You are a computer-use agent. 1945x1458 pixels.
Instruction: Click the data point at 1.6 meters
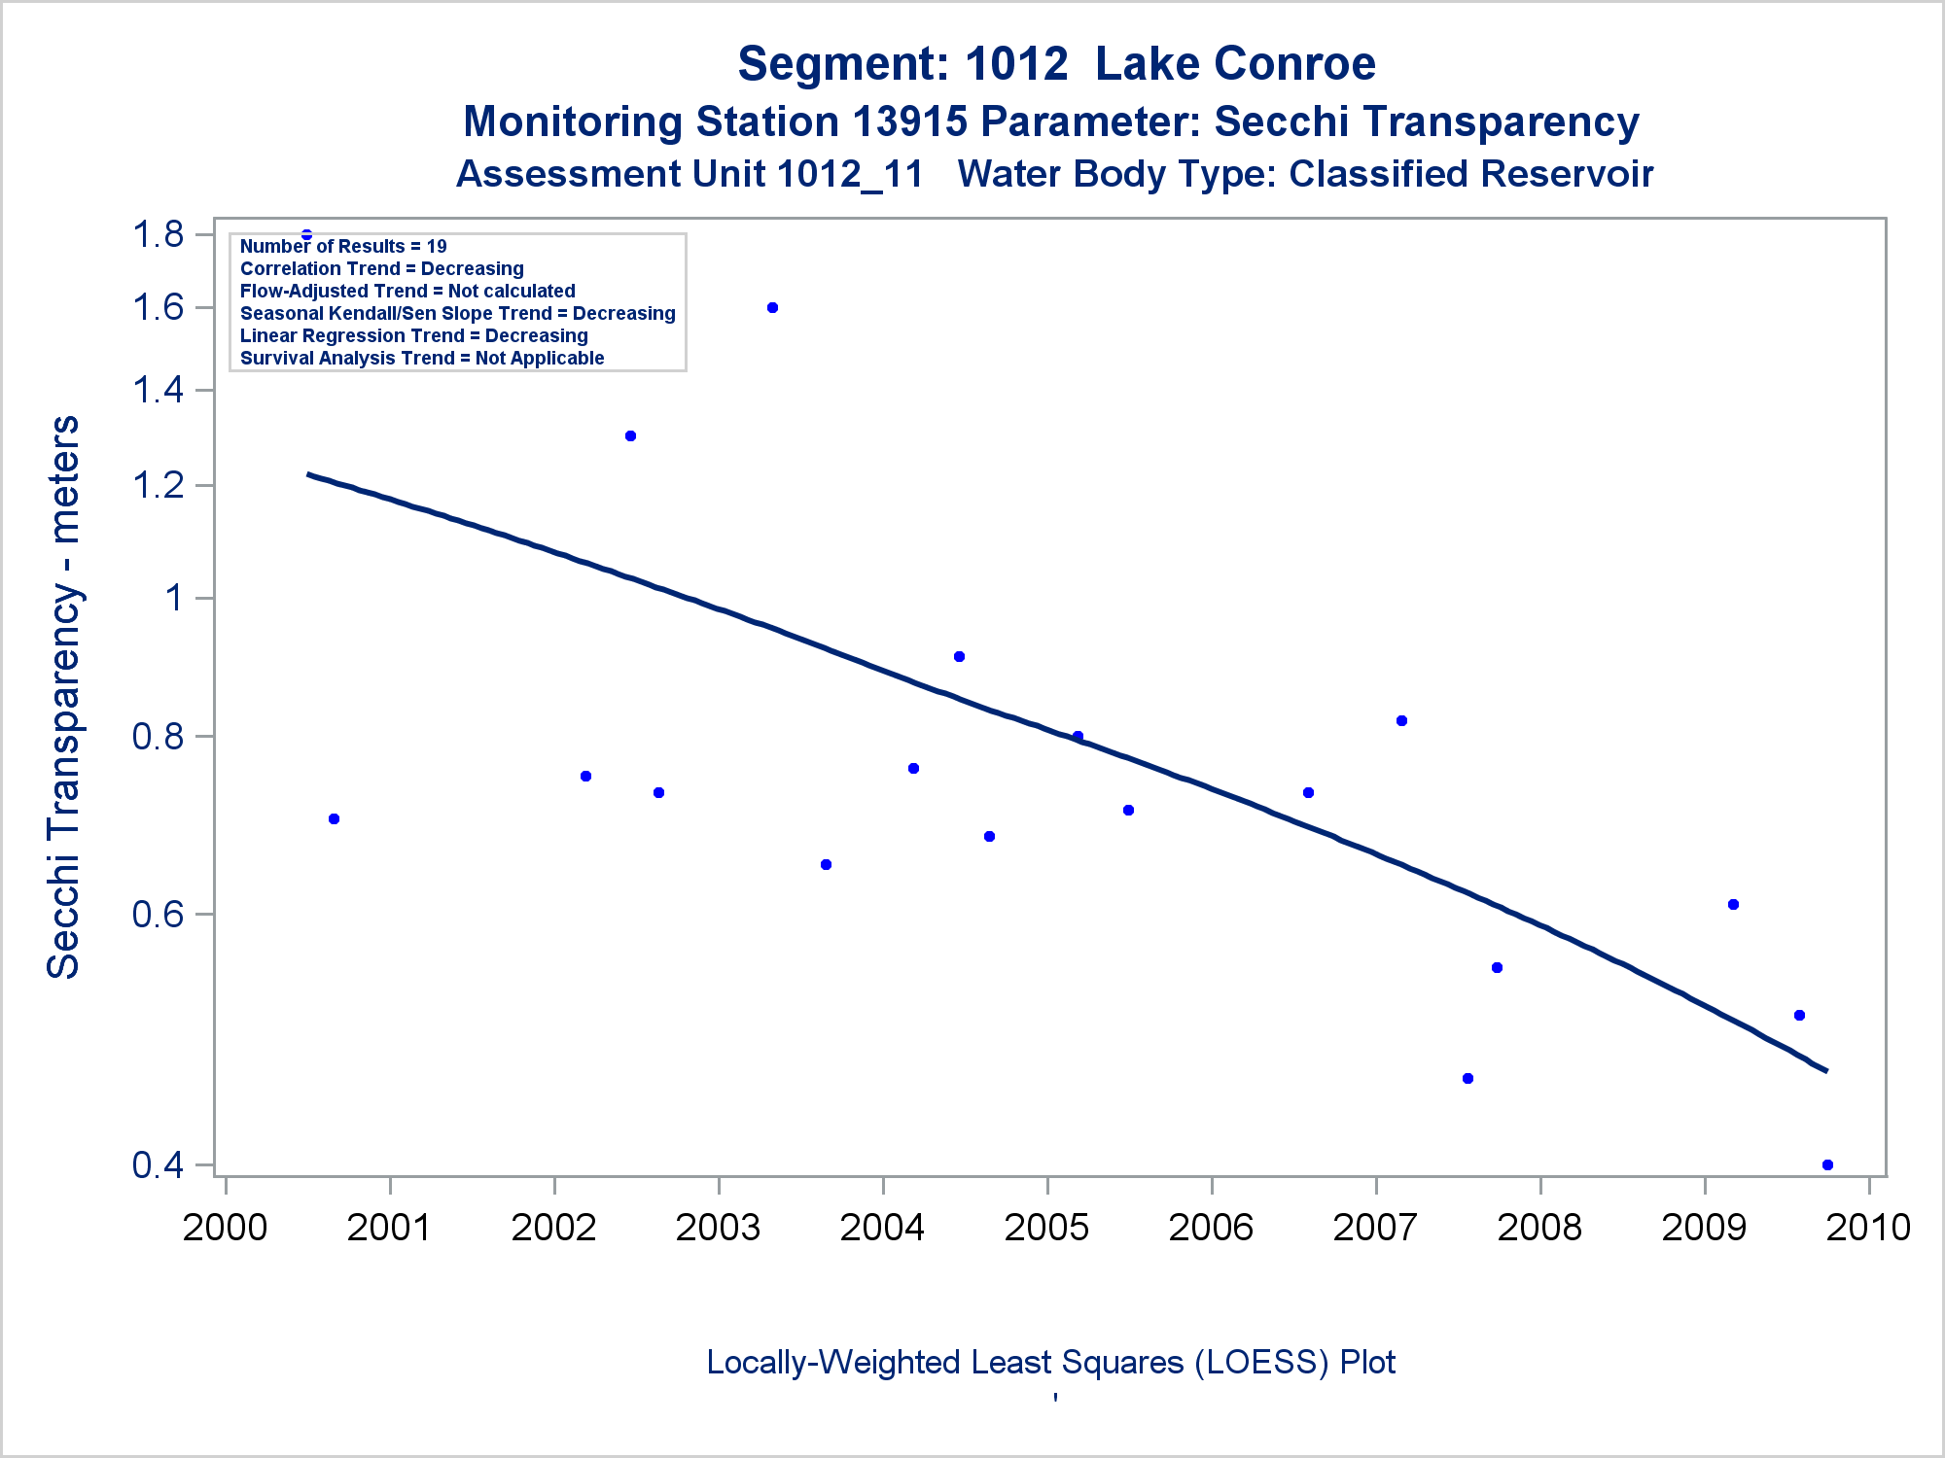772,308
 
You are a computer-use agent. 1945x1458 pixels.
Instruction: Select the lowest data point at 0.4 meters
1827,1164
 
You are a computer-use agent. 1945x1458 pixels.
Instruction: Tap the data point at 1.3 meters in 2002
630,436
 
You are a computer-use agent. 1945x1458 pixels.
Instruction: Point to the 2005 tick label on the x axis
1046,1228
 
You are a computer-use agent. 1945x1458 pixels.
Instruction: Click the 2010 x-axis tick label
1868,1228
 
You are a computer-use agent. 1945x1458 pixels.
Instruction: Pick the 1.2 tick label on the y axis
159,485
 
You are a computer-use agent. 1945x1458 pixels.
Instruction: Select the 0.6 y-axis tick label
159,915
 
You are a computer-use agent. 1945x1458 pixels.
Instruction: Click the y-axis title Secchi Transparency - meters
64,697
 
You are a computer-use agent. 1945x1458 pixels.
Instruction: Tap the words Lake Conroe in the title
1235,64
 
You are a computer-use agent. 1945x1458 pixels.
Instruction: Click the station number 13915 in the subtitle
909,122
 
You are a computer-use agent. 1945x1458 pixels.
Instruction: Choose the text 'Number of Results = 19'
343,247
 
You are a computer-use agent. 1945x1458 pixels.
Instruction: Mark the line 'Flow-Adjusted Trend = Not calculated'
407,292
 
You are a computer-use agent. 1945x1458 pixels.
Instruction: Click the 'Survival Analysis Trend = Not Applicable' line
422,359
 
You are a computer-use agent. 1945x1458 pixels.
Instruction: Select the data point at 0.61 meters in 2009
1733,905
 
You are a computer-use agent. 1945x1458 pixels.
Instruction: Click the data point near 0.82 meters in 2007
1401,721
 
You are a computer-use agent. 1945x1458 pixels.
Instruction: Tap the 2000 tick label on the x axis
225,1228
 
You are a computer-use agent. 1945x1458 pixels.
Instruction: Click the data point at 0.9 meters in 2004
959,657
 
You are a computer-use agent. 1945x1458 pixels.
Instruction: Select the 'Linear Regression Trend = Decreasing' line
414,336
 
